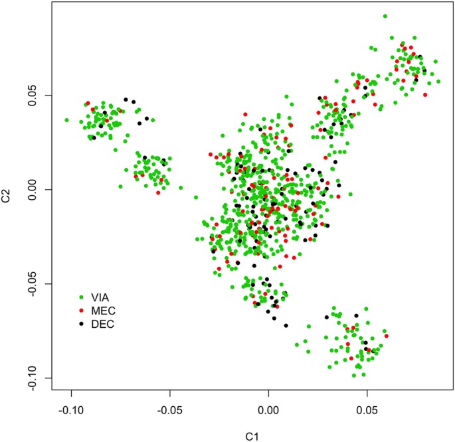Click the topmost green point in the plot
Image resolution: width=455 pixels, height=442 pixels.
385,16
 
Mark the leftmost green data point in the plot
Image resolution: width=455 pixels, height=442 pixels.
66,120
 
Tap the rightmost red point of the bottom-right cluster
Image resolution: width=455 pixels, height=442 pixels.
386,336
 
